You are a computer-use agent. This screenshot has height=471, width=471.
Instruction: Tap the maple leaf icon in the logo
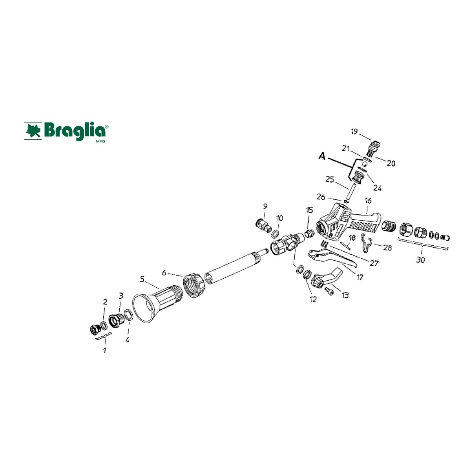(33, 131)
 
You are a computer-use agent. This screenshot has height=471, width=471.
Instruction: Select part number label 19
(354, 132)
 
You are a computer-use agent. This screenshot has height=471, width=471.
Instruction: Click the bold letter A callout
(322, 156)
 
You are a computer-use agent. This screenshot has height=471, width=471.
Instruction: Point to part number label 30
(420, 260)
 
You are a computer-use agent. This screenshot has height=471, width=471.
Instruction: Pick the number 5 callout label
(142, 279)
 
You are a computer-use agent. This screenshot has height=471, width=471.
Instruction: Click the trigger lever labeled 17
(333, 257)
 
